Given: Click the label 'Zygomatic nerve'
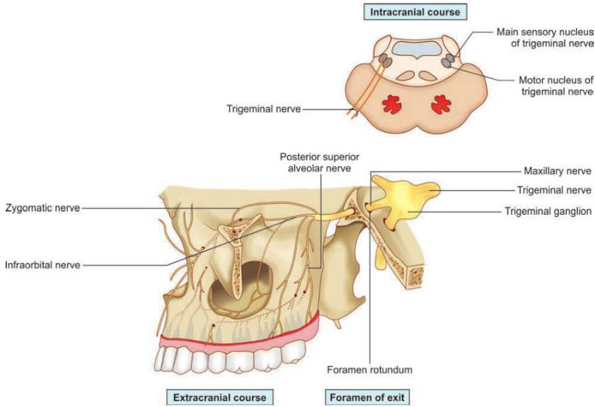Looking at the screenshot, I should click(42, 208).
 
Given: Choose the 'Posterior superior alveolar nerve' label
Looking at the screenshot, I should click(313, 163).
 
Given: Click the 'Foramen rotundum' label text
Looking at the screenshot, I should click(369, 370).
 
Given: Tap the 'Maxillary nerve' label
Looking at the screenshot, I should click(556, 171).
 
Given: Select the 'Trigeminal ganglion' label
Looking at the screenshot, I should click(548, 211).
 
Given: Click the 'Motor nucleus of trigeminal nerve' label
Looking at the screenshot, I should click(555, 85).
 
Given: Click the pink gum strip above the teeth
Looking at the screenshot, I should click(241, 343).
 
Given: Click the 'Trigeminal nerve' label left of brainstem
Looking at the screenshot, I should click(263, 109).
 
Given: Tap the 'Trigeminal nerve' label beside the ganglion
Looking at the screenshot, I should click(553, 190).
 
